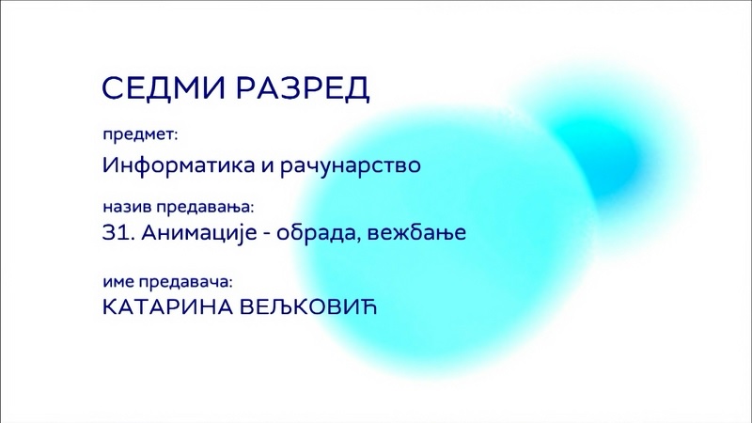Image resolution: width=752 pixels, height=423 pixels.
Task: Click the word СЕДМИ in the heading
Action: pos(164,87)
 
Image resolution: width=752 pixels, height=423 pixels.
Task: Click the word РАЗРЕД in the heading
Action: pos(303,88)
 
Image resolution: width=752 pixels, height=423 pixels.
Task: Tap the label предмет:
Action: pos(140,135)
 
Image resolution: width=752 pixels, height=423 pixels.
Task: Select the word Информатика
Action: pos(179,165)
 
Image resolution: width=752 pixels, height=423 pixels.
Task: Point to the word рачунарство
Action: pos(351,166)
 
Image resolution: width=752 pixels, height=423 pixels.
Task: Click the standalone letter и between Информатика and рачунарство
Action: pos(267,167)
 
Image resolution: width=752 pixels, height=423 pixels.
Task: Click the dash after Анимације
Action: pos(267,235)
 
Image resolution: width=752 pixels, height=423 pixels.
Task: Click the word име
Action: pos(118,282)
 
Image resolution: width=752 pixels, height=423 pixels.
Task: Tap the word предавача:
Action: pos(185,283)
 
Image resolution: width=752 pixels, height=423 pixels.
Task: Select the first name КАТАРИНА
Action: pos(167,307)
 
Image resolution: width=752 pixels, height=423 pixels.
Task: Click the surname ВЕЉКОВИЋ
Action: pos(308,307)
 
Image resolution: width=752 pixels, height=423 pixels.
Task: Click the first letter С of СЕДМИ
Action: pos(114,87)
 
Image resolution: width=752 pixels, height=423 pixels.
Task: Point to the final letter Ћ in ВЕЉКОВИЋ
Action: pos(368,307)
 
